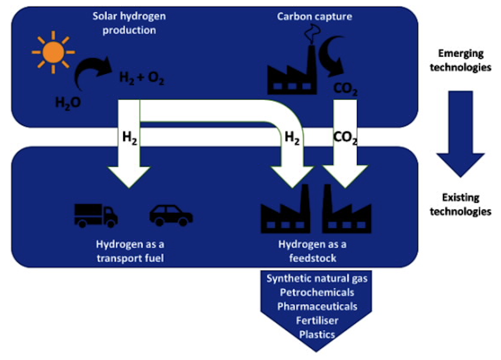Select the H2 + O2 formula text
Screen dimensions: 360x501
(142, 79)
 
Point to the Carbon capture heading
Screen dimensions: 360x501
(314, 17)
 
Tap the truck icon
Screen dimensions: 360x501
(96, 215)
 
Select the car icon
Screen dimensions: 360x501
(171, 216)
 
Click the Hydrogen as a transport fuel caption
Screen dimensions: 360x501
(130, 251)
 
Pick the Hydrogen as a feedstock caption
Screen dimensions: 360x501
(312, 251)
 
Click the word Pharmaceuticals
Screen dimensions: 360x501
(317, 306)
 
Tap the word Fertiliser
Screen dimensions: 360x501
(317, 320)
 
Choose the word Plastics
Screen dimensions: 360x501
(317, 334)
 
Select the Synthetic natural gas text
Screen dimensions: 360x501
(317, 278)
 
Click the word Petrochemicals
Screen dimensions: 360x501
(317, 292)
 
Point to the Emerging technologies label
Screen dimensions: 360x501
(461, 60)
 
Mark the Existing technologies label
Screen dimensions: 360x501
(461, 204)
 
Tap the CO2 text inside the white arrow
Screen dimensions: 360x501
(345, 137)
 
